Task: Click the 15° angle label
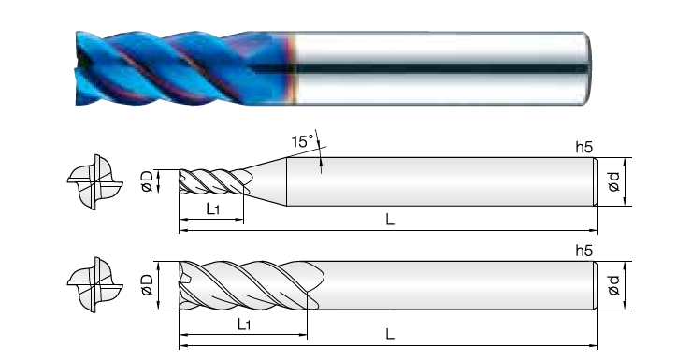click(x=302, y=141)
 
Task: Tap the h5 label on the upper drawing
click(x=584, y=148)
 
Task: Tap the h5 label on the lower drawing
click(x=584, y=252)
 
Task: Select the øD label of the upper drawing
click(x=147, y=181)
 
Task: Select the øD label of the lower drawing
click(x=147, y=285)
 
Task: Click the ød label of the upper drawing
click(x=613, y=181)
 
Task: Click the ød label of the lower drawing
click(x=613, y=285)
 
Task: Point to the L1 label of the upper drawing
click(x=213, y=209)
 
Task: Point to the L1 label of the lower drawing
click(x=244, y=324)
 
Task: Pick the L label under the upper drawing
click(x=390, y=220)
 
